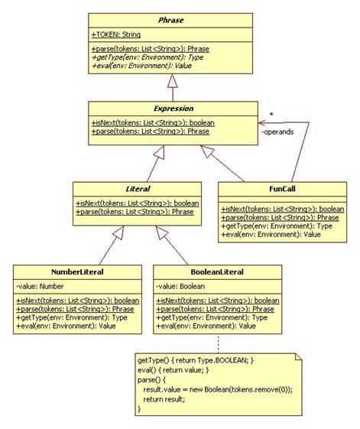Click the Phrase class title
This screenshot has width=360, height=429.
(170, 20)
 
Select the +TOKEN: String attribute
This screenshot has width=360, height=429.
(116, 34)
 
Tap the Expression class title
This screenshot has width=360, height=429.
(174, 109)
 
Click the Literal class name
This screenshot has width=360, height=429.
(138, 189)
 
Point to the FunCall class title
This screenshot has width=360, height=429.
(282, 189)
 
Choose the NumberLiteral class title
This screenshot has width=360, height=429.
(77, 272)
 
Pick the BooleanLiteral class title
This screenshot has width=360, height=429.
(217, 272)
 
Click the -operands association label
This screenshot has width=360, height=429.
(277, 132)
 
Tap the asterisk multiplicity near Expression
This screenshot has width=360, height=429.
(271, 115)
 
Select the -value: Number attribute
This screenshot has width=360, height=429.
(40, 287)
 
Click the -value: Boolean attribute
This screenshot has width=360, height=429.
(180, 287)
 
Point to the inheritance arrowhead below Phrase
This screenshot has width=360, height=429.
(173, 81)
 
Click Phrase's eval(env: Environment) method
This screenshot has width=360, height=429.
(141, 66)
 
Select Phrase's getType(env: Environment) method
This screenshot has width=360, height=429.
(148, 57)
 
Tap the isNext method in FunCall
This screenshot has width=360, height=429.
(283, 210)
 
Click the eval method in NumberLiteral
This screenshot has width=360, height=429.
(66, 326)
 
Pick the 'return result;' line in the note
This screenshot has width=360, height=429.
(164, 399)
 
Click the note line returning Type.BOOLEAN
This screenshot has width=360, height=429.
(196, 360)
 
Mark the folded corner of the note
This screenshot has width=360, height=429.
(298, 357)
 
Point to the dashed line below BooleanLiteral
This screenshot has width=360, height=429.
(218, 343)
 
